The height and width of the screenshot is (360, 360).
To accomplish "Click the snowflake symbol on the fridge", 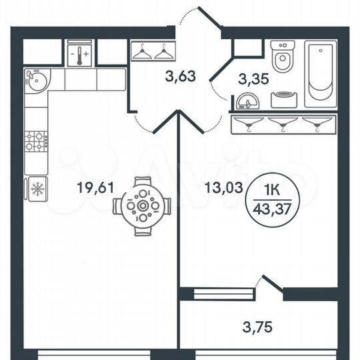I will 36,188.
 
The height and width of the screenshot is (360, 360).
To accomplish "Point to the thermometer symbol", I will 80,51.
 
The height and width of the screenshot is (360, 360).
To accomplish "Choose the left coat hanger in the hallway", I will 143,52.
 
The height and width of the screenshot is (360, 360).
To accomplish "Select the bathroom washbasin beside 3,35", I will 249,101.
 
